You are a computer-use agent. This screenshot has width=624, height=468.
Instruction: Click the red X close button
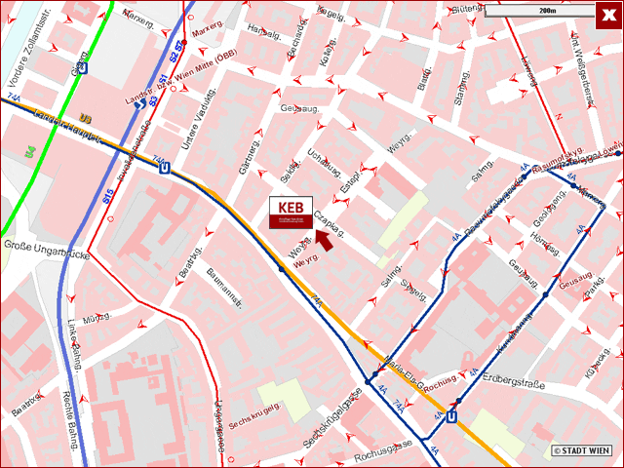tap(608, 14)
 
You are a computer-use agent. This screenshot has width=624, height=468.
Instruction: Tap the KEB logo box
tap(291, 213)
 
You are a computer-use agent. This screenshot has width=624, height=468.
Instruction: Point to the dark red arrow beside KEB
tap(323, 241)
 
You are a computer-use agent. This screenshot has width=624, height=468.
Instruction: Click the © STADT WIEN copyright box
tap(583, 450)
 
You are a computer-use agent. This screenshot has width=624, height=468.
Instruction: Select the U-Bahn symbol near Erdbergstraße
tap(451, 416)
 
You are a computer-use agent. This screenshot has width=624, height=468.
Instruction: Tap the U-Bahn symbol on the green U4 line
tap(82, 67)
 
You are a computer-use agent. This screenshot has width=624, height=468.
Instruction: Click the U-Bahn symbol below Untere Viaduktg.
tap(164, 167)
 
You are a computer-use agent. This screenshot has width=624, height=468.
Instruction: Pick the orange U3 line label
tap(86, 119)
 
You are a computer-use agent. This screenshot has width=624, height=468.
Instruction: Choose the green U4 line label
tap(29, 152)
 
